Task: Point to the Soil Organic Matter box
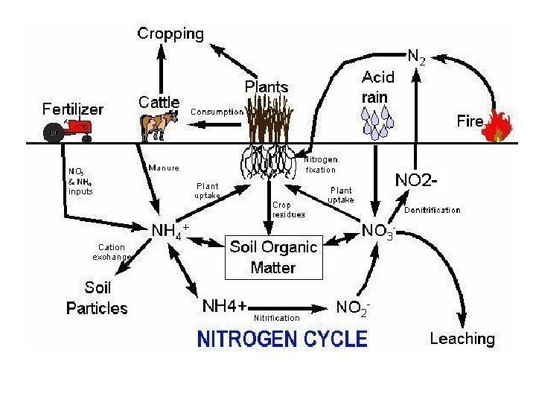point(272,257)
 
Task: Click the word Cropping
point(169,33)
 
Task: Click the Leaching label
point(462,339)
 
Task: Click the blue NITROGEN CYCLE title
point(282,340)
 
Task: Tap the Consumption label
point(217,112)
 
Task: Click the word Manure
point(163,167)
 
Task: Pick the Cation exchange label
point(111,252)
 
